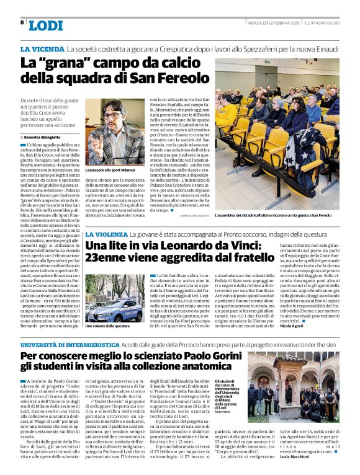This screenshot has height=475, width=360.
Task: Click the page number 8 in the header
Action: (x=22, y=22)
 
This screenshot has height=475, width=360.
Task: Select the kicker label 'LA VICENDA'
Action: (x=42, y=48)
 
